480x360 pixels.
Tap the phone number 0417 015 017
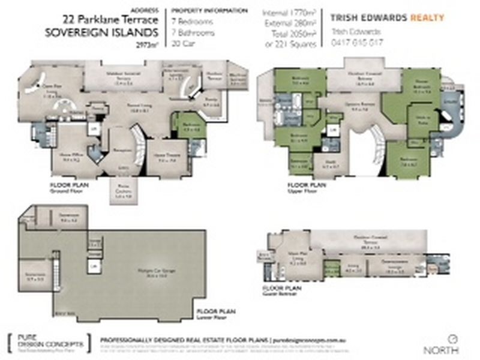(x=358, y=43)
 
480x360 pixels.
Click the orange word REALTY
(x=427, y=18)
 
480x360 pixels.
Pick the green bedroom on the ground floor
(x=187, y=127)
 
